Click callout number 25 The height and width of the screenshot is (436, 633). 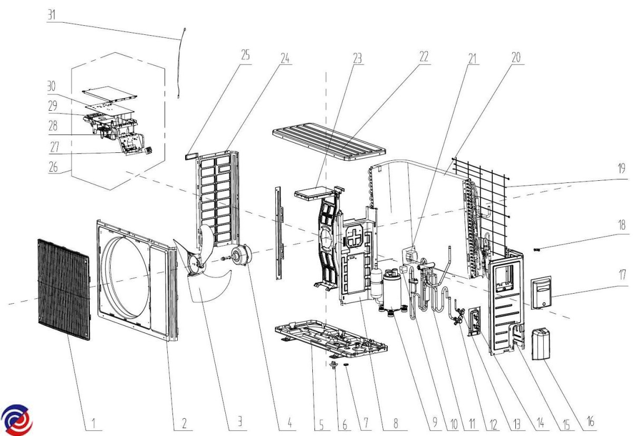click(x=246, y=55)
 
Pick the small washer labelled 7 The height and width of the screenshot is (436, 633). click(x=347, y=365)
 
